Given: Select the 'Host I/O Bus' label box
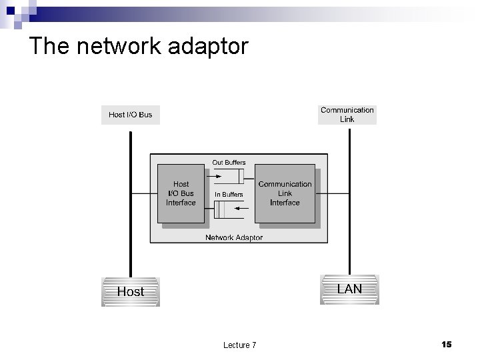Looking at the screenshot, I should click(x=131, y=115).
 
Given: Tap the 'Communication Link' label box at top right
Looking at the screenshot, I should click(x=347, y=115).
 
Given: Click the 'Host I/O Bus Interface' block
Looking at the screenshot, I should click(x=181, y=193).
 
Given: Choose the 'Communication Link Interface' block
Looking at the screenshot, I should click(x=285, y=193).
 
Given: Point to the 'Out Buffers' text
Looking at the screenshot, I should click(x=229, y=162).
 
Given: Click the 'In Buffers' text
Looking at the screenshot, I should click(x=229, y=195).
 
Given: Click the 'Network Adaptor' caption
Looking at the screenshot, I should click(x=234, y=237).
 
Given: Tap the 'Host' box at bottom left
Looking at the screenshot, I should click(x=131, y=291).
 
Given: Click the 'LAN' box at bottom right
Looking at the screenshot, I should click(x=349, y=289).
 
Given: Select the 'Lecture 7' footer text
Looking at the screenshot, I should click(x=239, y=345).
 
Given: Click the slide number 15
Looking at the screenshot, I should click(x=446, y=344).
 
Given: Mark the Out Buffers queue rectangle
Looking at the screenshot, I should click(x=229, y=177).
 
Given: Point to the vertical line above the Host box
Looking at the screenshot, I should click(x=131, y=200).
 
